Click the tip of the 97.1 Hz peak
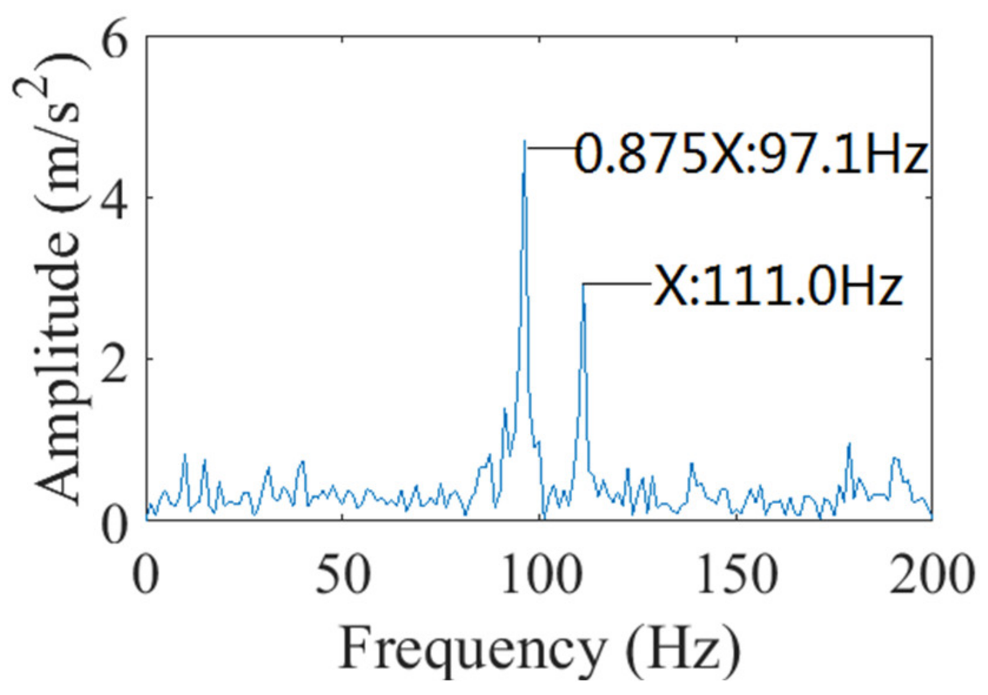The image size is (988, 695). click(x=524, y=141)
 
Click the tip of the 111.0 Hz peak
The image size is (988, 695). click(x=583, y=285)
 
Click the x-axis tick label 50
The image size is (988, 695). click(x=342, y=574)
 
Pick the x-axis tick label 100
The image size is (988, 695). click(x=540, y=574)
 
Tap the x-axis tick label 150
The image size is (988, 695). click(x=737, y=574)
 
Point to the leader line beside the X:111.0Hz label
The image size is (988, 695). click(x=617, y=284)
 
